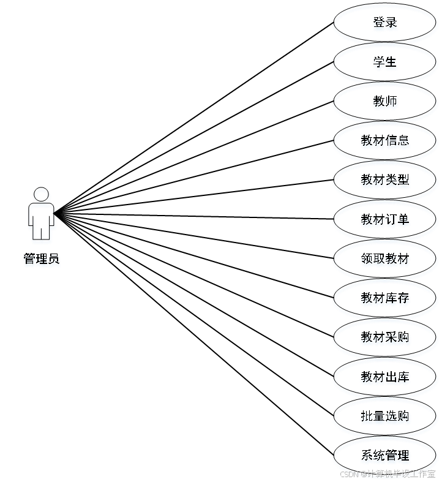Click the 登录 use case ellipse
(385, 24)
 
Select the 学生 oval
(385, 63)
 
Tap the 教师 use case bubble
(385, 102)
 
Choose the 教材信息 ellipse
(385, 141)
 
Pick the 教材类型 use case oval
(385, 181)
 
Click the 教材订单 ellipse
(385, 220)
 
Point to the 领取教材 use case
(385, 259)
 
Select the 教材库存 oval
(385, 299)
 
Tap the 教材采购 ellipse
(385, 338)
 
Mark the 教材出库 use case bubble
(385, 377)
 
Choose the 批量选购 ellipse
(385, 416)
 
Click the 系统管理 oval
(385, 456)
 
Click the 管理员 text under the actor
(42, 260)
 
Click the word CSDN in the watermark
(348, 473)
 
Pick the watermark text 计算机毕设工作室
(400, 473)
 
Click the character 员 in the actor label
(54, 260)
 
